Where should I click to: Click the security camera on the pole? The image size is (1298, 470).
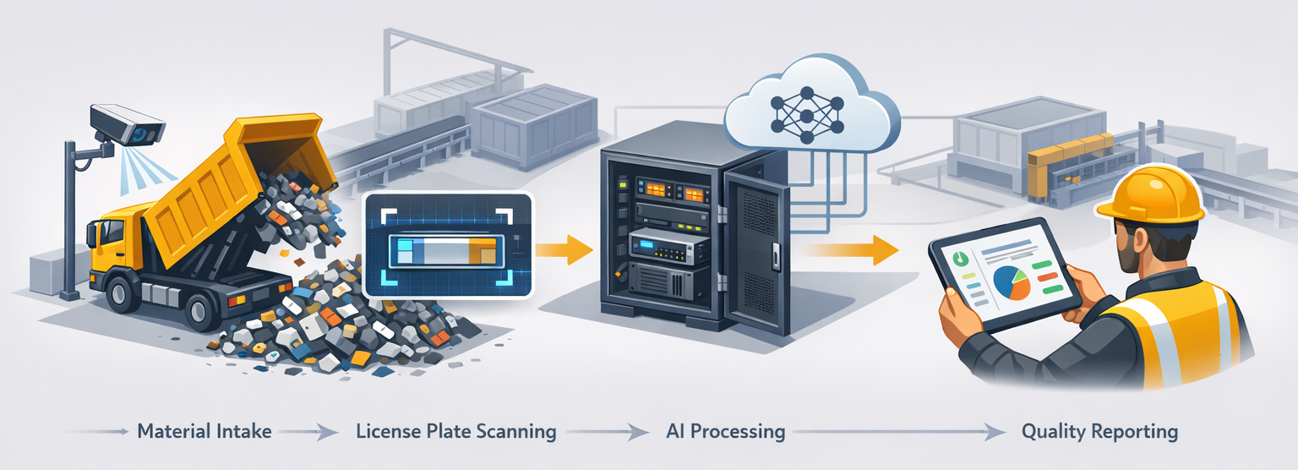[127, 124]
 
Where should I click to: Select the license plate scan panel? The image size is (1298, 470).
[448, 245]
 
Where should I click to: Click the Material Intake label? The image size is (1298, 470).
[204, 432]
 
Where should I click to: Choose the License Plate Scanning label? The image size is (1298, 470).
[456, 432]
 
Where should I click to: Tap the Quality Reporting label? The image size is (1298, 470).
[1099, 432]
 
